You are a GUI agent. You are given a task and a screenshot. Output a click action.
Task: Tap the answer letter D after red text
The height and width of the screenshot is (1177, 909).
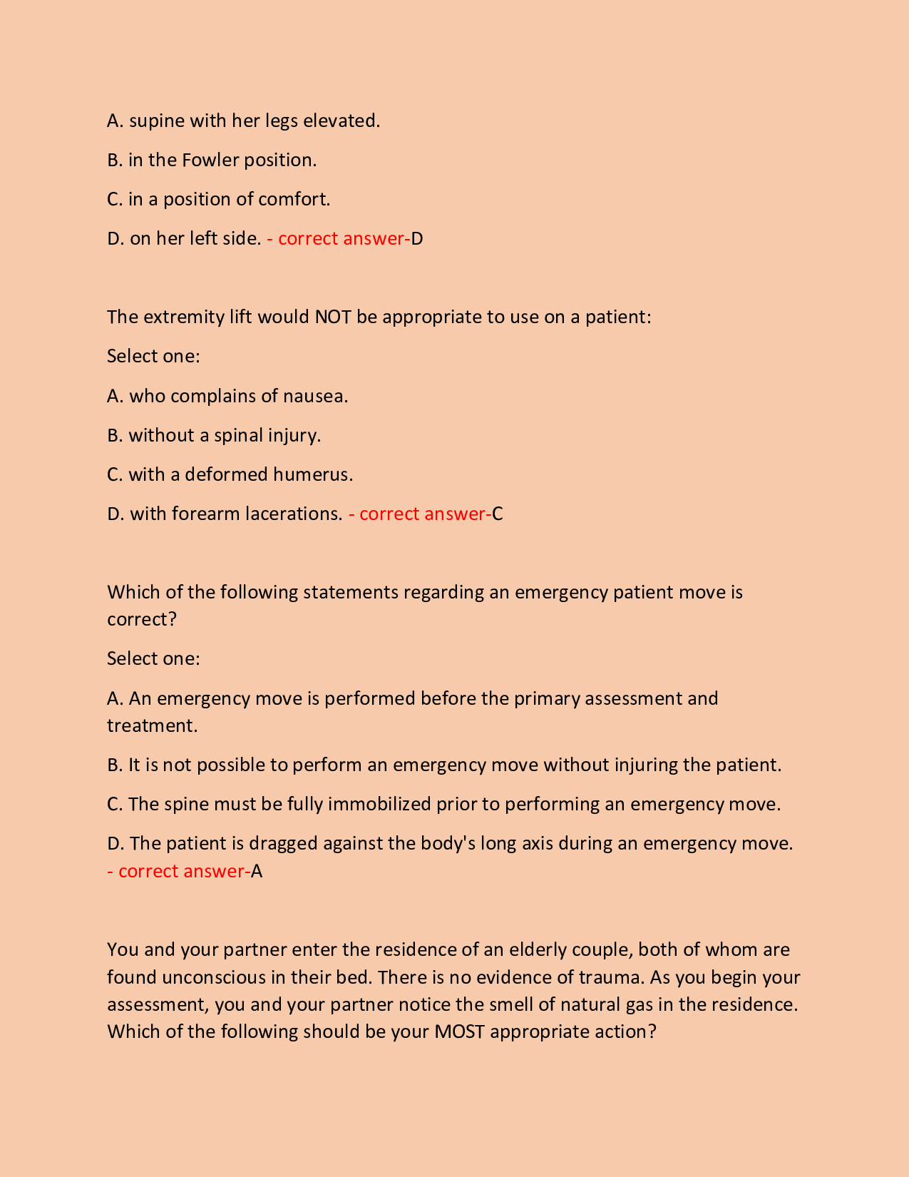pos(417,238)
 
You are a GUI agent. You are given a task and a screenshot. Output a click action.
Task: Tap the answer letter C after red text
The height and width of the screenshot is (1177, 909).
pos(498,514)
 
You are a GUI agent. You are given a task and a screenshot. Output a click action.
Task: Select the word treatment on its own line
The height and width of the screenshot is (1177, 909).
pos(151,725)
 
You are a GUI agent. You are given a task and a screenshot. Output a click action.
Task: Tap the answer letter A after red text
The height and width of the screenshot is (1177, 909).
pos(257,871)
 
